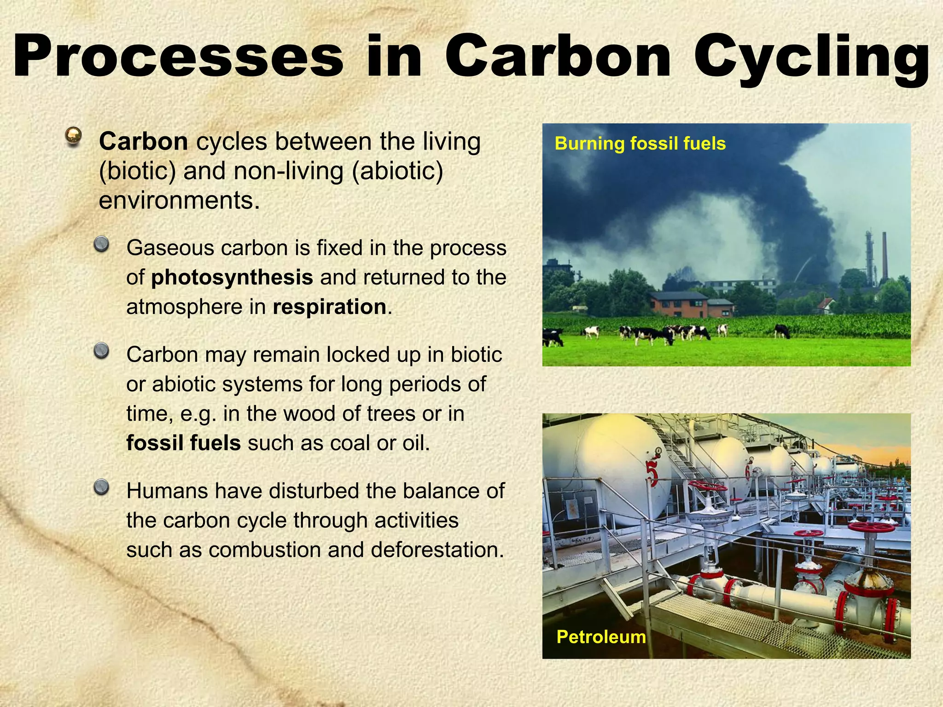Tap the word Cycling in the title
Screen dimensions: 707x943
pyautogui.click(x=811, y=58)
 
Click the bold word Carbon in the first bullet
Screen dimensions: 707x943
pyautogui.click(x=143, y=141)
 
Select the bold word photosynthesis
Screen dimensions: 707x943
pyautogui.click(x=232, y=278)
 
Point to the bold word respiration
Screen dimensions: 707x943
pyautogui.click(x=329, y=307)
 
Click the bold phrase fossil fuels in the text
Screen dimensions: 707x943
pyautogui.click(x=183, y=443)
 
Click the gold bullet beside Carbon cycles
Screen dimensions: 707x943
pyautogui.click(x=73, y=136)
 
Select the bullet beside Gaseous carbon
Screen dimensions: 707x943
pyautogui.click(x=101, y=244)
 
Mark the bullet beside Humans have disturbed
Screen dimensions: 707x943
pyautogui.click(x=101, y=487)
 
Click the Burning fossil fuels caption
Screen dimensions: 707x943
pyautogui.click(x=640, y=144)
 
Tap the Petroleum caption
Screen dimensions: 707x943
pyautogui.click(x=601, y=637)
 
